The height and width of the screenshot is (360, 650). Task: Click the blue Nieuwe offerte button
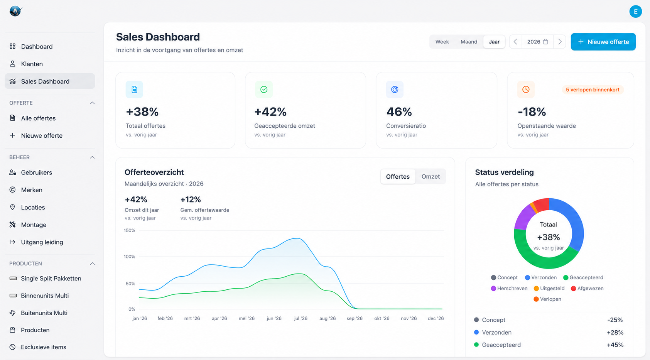point(603,42)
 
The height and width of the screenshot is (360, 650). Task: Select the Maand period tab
point(469,42)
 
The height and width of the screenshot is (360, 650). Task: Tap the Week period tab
point(442,42)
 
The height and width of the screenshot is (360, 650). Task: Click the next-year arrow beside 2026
point(560,42)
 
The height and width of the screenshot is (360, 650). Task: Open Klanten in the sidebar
point(32,64)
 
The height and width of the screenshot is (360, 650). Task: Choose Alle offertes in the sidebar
point(38,118)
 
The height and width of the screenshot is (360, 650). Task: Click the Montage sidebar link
point(34,225)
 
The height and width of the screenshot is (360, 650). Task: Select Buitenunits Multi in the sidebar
point(44,313)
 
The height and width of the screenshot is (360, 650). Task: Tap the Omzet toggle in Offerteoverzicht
point(431,176)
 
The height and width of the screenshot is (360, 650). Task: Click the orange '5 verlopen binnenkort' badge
point(593,90)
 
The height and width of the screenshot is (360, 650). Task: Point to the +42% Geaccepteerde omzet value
point(270,112)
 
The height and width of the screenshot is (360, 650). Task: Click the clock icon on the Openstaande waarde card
point(526,90)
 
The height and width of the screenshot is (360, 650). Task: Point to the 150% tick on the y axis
point(129,230)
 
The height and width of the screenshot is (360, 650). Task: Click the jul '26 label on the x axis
point(301,318)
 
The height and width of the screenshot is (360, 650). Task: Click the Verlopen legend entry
point(547,299)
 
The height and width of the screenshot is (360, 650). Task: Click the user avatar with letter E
point(635,12)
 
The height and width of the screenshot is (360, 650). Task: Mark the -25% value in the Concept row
point(615,320)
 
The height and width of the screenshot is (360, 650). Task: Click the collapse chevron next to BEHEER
point(92,157)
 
